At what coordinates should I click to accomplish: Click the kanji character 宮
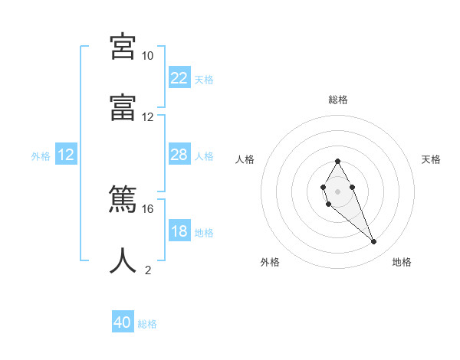click(123, 46)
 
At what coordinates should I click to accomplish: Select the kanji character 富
click(123, 107)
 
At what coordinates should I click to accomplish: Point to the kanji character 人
click(123, 260)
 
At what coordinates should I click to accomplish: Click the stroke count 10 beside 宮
click(147, 56)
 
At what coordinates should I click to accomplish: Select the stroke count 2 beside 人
click(148, 270)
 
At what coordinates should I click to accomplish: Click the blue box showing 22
click(179, 78)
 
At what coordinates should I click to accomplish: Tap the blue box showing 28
click(179, 155)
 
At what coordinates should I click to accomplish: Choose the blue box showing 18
click(179, 231)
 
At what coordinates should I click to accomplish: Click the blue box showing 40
click(123, 322)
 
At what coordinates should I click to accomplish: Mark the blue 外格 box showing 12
click(66, 155)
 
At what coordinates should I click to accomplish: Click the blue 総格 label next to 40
click(147, 324)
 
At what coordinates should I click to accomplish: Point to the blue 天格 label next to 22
click(204, 80)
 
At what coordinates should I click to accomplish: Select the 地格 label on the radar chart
click(402, 263)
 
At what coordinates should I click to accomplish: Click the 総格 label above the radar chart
click(338, 100)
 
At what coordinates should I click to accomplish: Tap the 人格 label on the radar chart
click(245, 159)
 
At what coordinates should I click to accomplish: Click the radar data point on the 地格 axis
click(374, 242)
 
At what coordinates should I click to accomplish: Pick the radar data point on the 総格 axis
click(337, 161)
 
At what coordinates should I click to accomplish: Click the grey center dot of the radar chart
click(337, 190)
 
